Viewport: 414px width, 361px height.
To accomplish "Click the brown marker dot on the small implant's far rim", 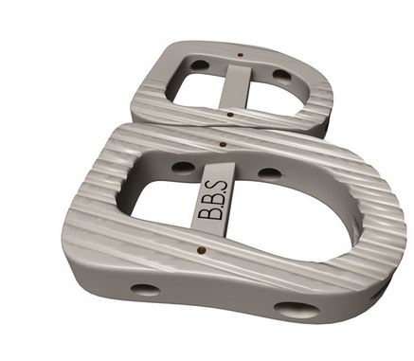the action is [x=241, y=55].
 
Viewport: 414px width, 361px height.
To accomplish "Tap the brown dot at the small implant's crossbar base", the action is [x=231, y=115].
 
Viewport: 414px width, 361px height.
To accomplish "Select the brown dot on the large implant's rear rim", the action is [x=224, y=145].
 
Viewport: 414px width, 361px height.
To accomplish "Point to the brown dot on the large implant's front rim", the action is [x=201, y=250].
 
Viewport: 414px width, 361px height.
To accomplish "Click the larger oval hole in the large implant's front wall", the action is [x=297, y=310].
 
